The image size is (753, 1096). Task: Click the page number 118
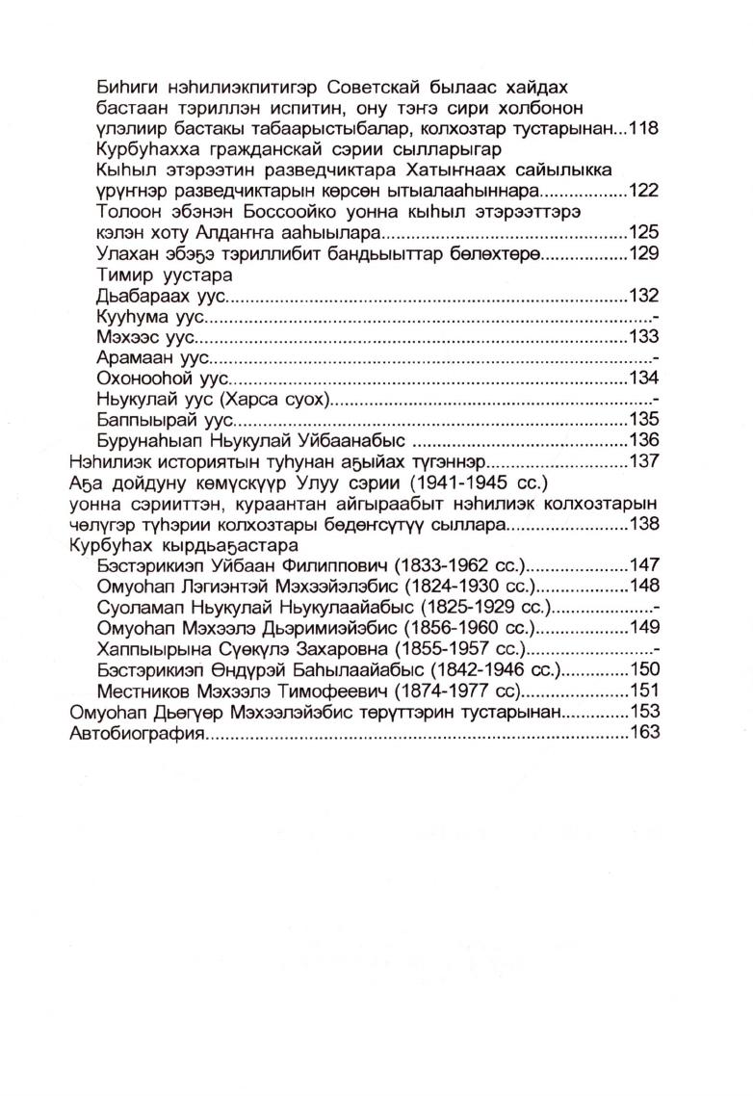coord(641,128)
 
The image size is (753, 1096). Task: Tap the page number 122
coord(641,190)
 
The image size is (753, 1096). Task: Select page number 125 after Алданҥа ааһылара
coord(641,232)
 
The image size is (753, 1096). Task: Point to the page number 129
coord(641,253)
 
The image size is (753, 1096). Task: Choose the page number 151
coord(641,691)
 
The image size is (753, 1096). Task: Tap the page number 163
coord(641,733)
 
